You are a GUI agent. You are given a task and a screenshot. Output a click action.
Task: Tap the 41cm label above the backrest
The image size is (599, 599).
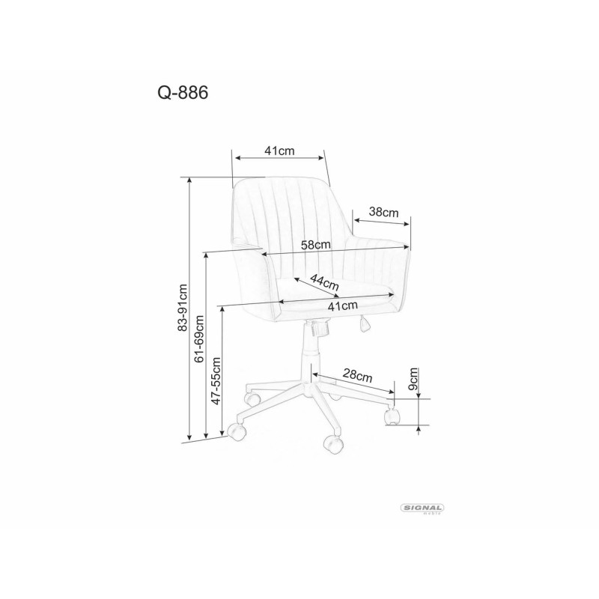[279, 150]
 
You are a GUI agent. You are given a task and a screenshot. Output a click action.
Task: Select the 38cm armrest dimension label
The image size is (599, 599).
[384, 213]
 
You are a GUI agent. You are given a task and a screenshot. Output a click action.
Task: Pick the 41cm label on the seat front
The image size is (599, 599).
[342, 305]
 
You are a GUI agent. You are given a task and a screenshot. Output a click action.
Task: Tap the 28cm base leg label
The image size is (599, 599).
[358, 376]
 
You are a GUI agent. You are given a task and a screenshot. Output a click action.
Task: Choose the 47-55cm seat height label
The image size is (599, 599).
[216, 380]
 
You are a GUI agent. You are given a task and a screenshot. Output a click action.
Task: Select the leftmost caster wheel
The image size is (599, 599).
[237, 432]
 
